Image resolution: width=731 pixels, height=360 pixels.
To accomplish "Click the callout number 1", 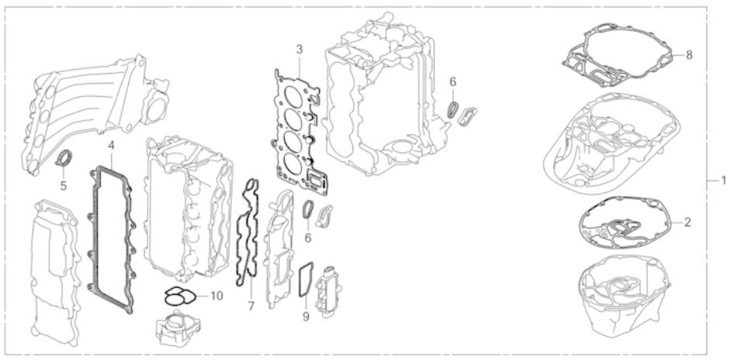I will [722, 180].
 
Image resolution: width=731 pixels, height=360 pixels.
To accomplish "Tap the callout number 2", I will [688, 221].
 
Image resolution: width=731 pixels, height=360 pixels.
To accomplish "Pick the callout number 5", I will [64, 185].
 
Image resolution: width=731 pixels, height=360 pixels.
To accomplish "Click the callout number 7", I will [251, 306].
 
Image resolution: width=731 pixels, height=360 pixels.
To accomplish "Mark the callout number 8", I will [688, 55].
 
